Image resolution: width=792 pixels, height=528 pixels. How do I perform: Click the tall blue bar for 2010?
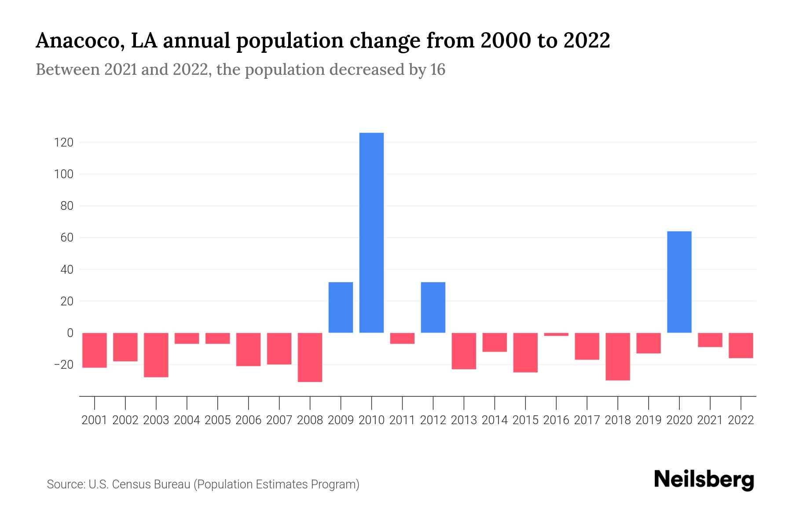tap(371, 232)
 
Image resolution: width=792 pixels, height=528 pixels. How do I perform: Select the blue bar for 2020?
tap(679, 282)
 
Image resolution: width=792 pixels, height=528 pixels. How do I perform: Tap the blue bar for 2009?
tap(341, 307)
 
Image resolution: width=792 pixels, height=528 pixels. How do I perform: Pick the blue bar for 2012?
tap(433, 307)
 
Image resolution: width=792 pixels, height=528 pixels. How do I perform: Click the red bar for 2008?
tap(310, 357)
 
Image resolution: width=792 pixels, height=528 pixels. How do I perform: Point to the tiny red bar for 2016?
tap(556, 334)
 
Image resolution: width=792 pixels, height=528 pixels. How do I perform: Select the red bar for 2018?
tap(618, 356)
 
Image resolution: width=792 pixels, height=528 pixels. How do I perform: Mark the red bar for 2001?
tap(95, 350)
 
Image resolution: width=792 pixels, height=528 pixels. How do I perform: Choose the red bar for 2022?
tap(741, 345)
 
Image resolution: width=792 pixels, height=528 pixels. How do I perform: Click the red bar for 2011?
tap(402, 338)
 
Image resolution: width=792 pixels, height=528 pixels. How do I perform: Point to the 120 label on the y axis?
tap(64, 143)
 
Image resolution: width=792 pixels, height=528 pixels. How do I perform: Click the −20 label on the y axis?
tap(63, 365)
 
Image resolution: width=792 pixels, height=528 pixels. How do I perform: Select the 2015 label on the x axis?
tap(525, 420)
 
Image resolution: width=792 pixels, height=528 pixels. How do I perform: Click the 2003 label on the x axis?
tap(156, 420)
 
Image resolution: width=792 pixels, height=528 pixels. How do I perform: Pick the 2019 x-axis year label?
tap(648, 420)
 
